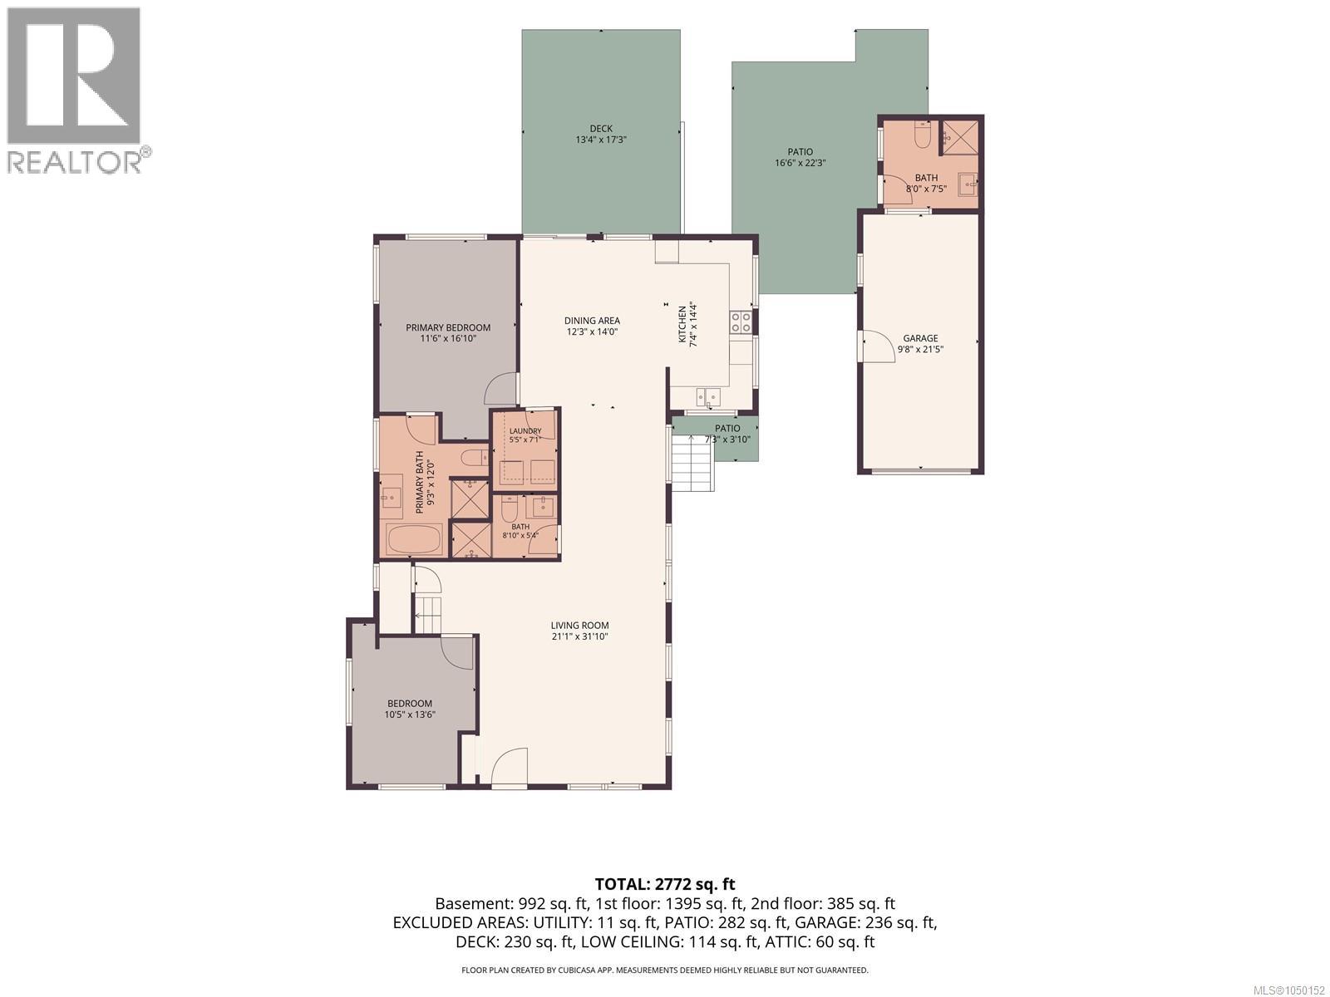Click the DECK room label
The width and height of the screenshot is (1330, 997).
[601, 128]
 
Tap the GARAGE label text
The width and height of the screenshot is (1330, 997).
[920, 338]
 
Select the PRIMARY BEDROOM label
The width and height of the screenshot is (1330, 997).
[448, 327]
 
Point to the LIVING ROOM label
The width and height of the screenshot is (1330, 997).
[580, 626]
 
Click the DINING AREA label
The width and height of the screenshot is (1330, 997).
[592, 321]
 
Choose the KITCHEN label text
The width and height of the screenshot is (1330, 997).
[682, 325]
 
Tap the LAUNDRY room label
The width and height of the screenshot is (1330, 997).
[525, 431]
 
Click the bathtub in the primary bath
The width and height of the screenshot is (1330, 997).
[416, 539]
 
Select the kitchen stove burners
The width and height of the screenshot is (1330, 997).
[741, 322]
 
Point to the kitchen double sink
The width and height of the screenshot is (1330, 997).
[708, 397]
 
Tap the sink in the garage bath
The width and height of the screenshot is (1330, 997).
[968, 184]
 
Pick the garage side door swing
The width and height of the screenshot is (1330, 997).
[877, 346]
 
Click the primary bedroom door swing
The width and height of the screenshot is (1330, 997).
[500, 389]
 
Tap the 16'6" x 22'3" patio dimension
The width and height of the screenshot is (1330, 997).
[800, 163]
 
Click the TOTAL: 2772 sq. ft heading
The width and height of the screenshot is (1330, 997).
[665, 884]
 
